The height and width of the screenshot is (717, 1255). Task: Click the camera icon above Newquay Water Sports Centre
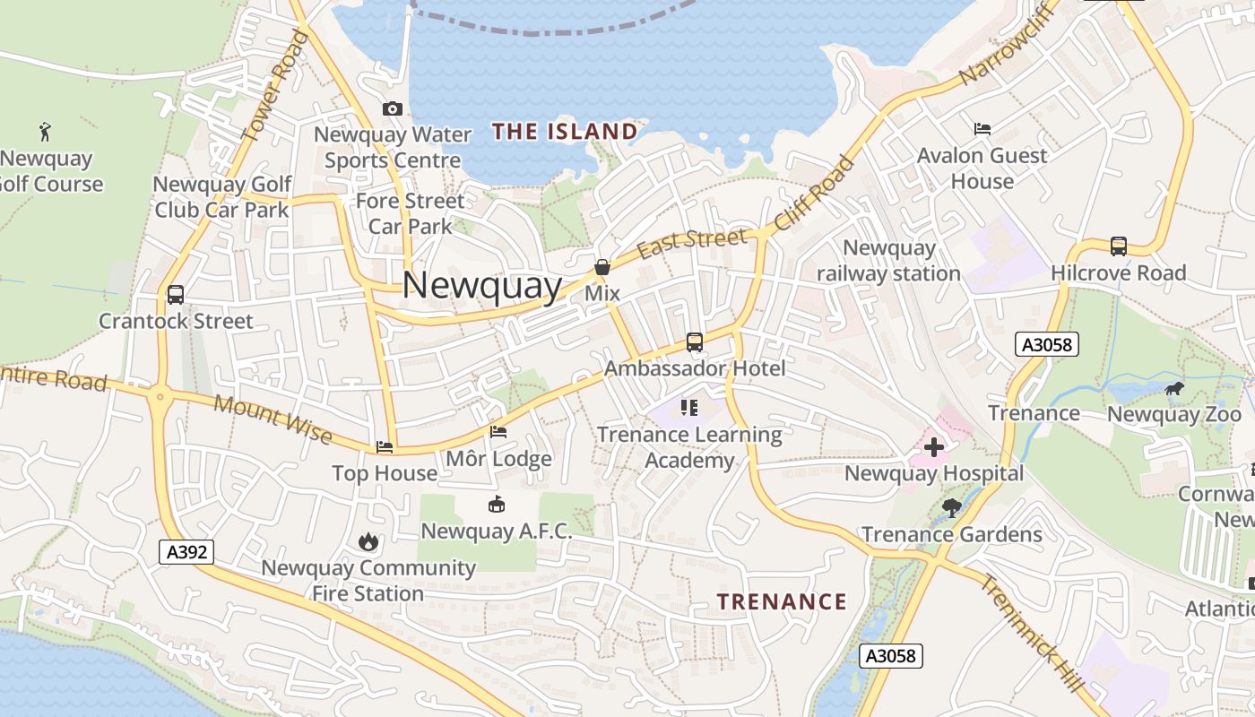[392, 109]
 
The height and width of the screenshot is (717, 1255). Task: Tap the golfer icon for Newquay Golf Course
[45, 132]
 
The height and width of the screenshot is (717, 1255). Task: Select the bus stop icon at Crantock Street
[176, 295]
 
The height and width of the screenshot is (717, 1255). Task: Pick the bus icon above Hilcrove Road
[1118, 246]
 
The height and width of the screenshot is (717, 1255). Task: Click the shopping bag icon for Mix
[602, 267]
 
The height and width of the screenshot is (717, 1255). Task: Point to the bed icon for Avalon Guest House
[982, 129]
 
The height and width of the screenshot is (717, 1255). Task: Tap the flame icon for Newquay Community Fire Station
[368, 541]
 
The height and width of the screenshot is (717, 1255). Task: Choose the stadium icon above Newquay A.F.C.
[496, 505]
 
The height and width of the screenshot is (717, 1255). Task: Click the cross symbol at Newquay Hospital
[934, 446]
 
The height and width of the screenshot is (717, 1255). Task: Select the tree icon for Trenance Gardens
[952, 508]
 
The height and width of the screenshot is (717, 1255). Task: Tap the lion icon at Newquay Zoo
[1174, 389]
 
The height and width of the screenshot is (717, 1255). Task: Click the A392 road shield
[187, 551]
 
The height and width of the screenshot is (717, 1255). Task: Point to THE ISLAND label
[565, 132]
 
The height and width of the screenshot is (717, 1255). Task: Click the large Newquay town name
[482, 286]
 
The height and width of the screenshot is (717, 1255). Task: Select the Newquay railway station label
[888, 261]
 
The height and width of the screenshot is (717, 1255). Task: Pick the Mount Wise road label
[273, 419]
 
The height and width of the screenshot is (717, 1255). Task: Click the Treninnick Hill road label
[1031, 631]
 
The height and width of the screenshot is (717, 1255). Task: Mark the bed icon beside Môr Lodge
[498, 432]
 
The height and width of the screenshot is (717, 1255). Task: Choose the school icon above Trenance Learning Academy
[688, 408]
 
